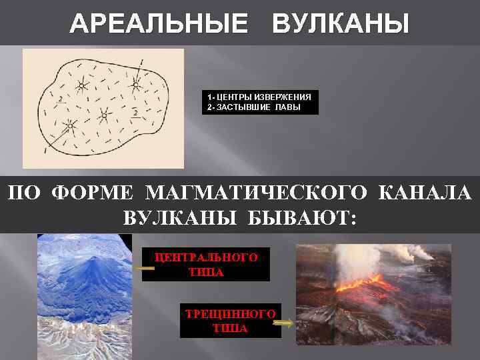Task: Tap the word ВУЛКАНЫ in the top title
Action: click(341, 25)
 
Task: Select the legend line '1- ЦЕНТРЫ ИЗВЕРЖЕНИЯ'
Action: click(259, 97)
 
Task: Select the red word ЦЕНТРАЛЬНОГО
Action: click(206, 256)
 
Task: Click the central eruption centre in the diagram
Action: click(103, 115)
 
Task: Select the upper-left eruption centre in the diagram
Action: click(81, 86)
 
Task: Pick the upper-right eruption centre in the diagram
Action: click(135, 85)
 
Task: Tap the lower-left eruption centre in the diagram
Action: click(70, 125)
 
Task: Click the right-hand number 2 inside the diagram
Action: click(135, 113)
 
